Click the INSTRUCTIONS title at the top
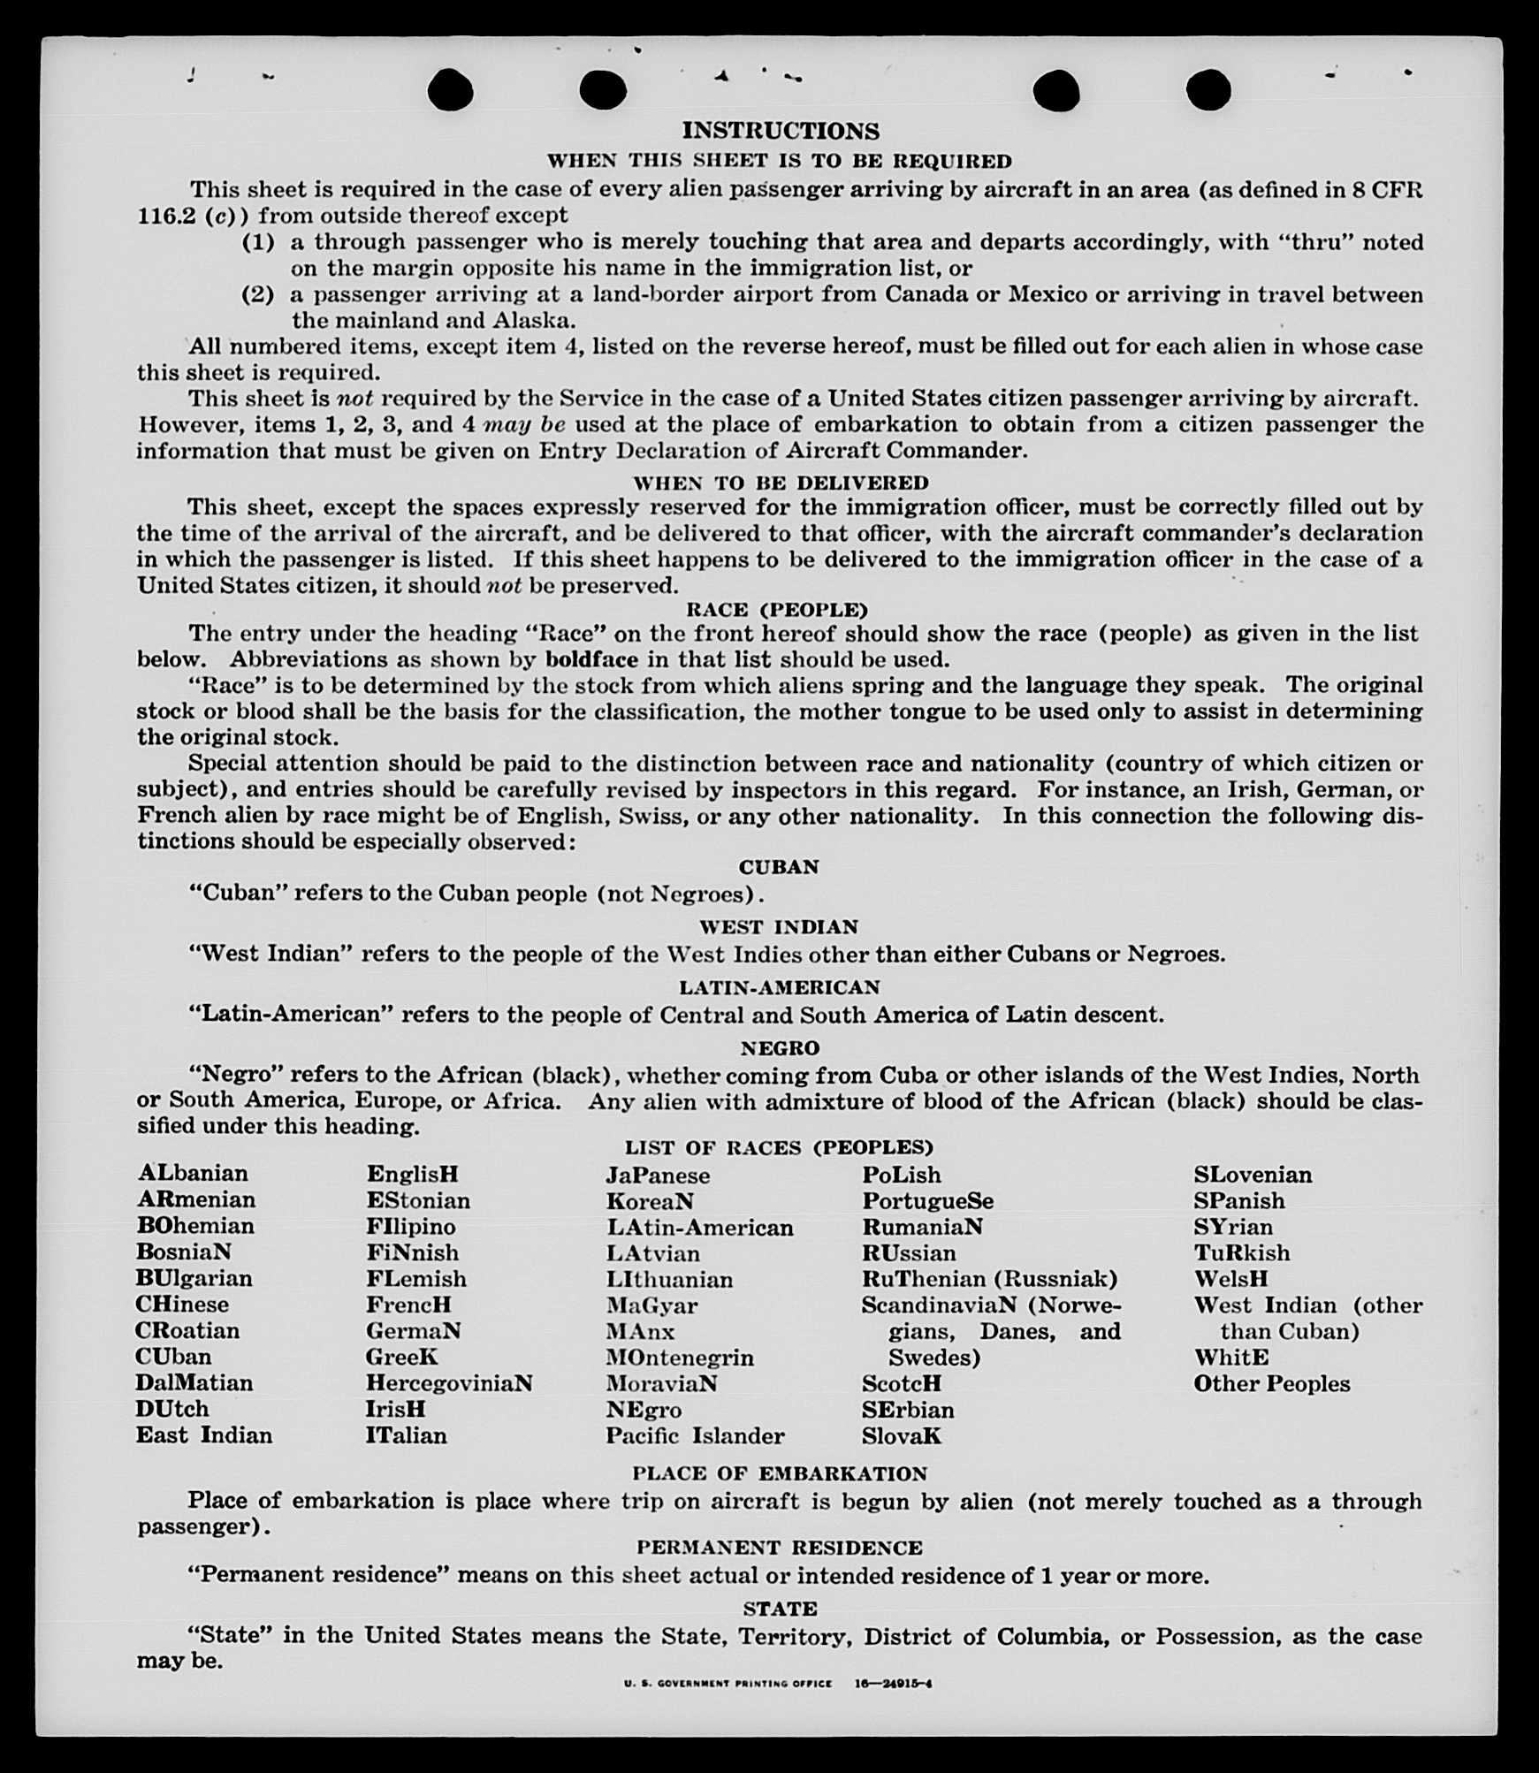click(781, 131)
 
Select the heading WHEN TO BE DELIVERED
click(781, 483)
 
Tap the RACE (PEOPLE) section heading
click(777, 610)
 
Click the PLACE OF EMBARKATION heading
click(780, 1473)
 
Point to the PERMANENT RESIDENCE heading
click(780, 1548)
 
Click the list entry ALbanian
click(193, 1173)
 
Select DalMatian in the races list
click(194, 1382)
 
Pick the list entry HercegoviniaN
click(449, 1382)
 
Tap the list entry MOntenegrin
click(680, 1357)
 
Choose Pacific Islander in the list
click(695, 1435)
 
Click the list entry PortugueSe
click(927, 1200)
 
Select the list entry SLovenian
click(1253, 1175)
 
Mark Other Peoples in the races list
click(1271, 1383)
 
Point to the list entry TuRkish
click(1241, 1252)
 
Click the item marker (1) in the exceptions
click(258, 241)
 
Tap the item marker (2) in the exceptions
click(258, 294)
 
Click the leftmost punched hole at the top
click(450, 90)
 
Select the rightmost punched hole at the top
click(1208, 90)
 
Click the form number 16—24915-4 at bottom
click(893, 1684)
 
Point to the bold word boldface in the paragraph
click(591, 659)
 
